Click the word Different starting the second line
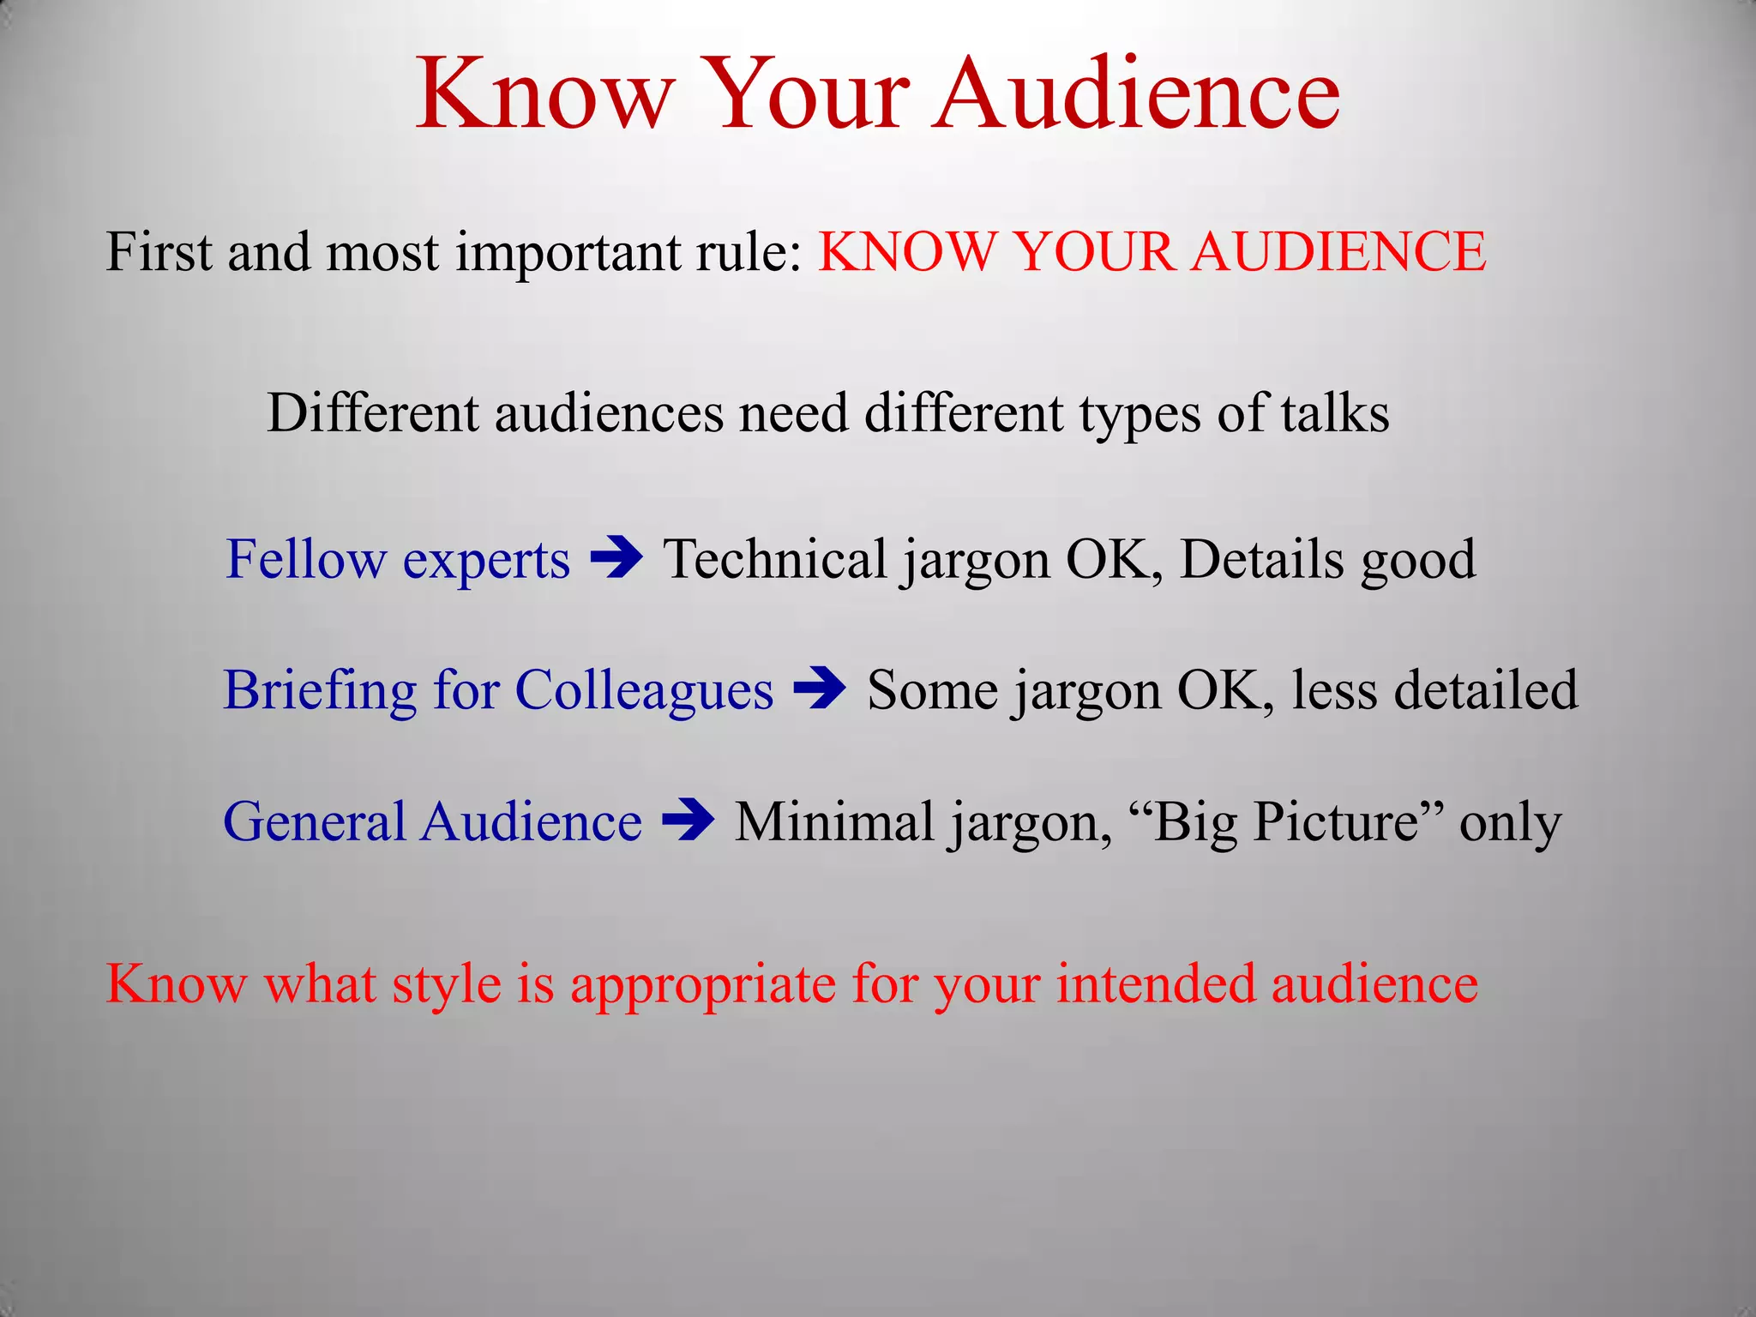tap(373, 413)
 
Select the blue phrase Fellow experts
tap(397, 560)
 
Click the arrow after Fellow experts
tap(617, 558)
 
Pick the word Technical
tap(775, 560)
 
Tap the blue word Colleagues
tap(644, 690)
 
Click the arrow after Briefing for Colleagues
tap(821, 689)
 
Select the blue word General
tap(314, 821)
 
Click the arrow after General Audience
tap(689, 821)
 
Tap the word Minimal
tap(834, 821)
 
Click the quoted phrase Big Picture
tap(1287, 821)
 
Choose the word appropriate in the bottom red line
tap(703, 984)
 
